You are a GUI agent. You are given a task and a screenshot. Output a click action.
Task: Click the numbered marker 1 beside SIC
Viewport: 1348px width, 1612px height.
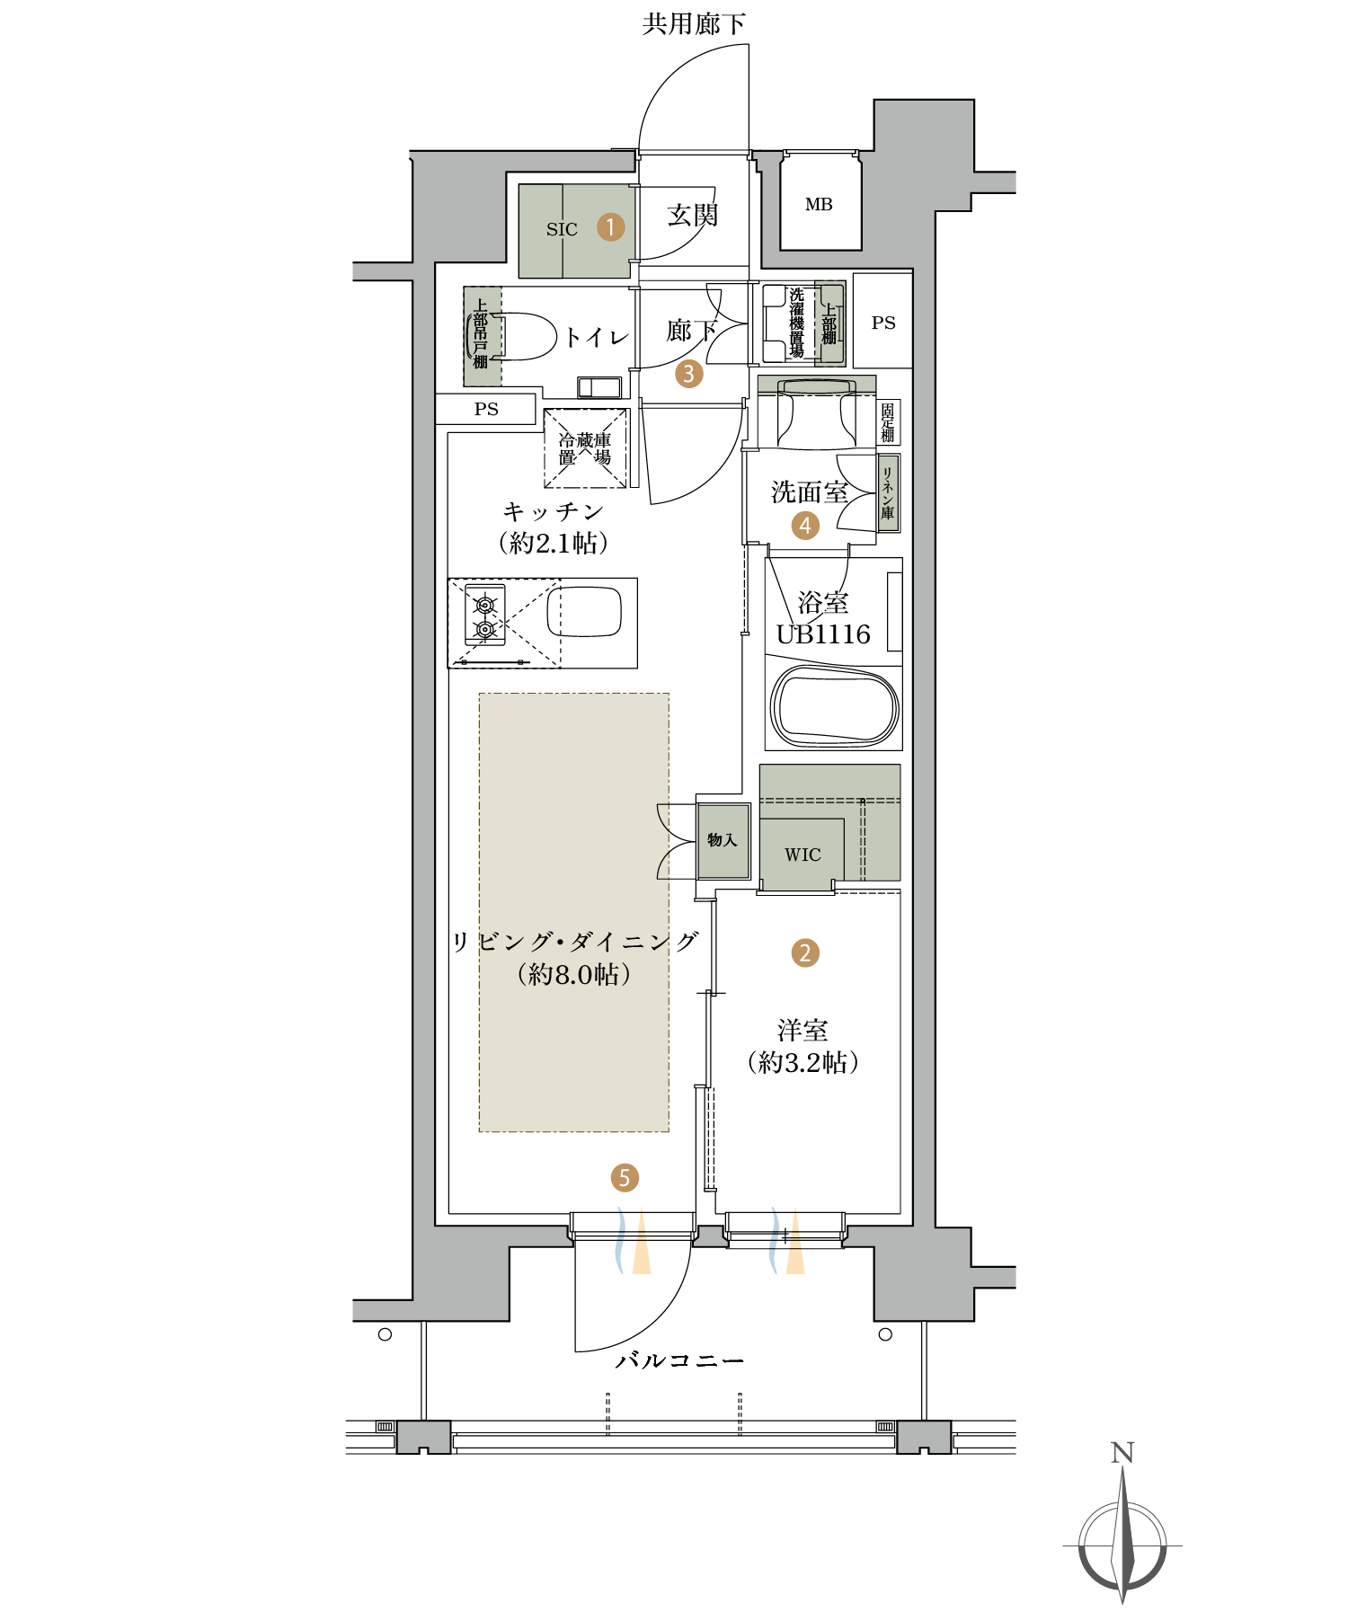click(x=610, y=226)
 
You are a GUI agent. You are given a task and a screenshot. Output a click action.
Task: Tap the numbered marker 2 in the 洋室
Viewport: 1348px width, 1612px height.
click(x=804, y=952)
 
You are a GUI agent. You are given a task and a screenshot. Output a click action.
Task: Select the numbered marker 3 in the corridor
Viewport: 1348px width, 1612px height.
click(x=689, y=373)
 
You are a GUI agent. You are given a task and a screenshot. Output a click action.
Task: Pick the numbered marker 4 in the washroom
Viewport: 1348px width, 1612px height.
click(x=805, y=526)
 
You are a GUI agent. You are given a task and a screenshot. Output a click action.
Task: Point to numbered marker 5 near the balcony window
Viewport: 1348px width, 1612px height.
click(x=625, y=1177)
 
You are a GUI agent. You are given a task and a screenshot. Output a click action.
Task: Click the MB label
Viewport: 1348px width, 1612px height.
click(x=819, y=205)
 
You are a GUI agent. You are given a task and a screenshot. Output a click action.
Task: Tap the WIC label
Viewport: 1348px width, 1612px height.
click(x=803, y=855)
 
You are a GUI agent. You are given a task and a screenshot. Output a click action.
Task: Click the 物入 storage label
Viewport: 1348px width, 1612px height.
click(x=722, y=840)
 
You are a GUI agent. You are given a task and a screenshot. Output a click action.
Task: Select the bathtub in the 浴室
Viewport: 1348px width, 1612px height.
click(x=835, y=706)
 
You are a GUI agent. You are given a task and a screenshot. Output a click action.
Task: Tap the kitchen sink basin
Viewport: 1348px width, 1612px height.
click(x=585, y=612)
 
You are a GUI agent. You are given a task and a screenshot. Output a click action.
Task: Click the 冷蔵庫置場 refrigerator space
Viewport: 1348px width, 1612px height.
click(x=585, y=448)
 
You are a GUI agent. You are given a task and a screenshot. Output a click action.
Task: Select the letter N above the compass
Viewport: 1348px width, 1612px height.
click(x=1122, y=1453)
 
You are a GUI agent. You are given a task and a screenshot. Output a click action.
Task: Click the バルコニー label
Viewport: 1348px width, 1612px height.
click(x=679, y=1360)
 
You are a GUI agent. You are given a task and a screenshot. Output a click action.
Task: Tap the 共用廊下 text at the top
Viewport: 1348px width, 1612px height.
click(x=694, y=23)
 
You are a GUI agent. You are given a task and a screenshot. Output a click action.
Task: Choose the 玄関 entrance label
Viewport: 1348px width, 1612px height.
click(x=693, y=216)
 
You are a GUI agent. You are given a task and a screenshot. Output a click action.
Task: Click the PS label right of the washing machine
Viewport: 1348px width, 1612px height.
click(x=883, y=323)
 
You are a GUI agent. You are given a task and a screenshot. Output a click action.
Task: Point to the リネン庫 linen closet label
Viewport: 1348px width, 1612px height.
click(x=888, y=493)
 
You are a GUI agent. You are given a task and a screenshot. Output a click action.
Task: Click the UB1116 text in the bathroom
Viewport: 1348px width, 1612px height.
click(x=823, y=634)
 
